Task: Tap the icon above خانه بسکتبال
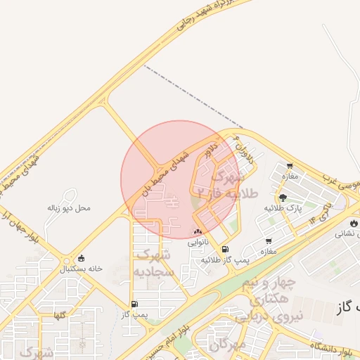[x=83, y=258]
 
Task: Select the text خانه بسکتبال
[x=81, y=269]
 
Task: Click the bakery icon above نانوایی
[x=198, y=231]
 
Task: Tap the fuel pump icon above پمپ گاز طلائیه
[x=225, y=249]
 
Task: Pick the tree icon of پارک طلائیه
[x=283, y=198]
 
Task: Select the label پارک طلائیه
[x=283, y=208]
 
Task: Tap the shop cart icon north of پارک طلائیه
[x=289, y=166]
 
